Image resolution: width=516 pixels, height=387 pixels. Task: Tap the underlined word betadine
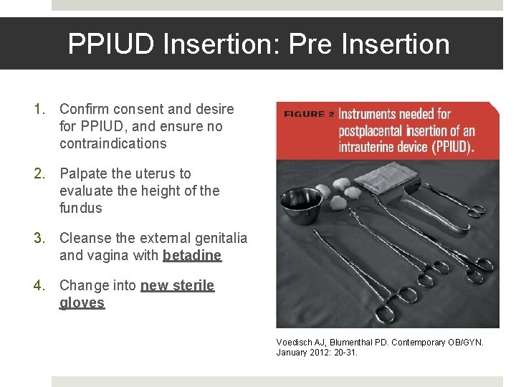click(192, 255)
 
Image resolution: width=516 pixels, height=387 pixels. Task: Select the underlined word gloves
click(82, 302)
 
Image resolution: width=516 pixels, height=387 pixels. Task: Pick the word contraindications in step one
click(113, 143)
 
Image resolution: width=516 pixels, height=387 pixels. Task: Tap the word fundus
click(81, 208)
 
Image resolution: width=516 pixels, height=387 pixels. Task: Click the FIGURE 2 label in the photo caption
click(309, 114)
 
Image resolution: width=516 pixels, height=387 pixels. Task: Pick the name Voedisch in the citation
click(295, 342)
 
